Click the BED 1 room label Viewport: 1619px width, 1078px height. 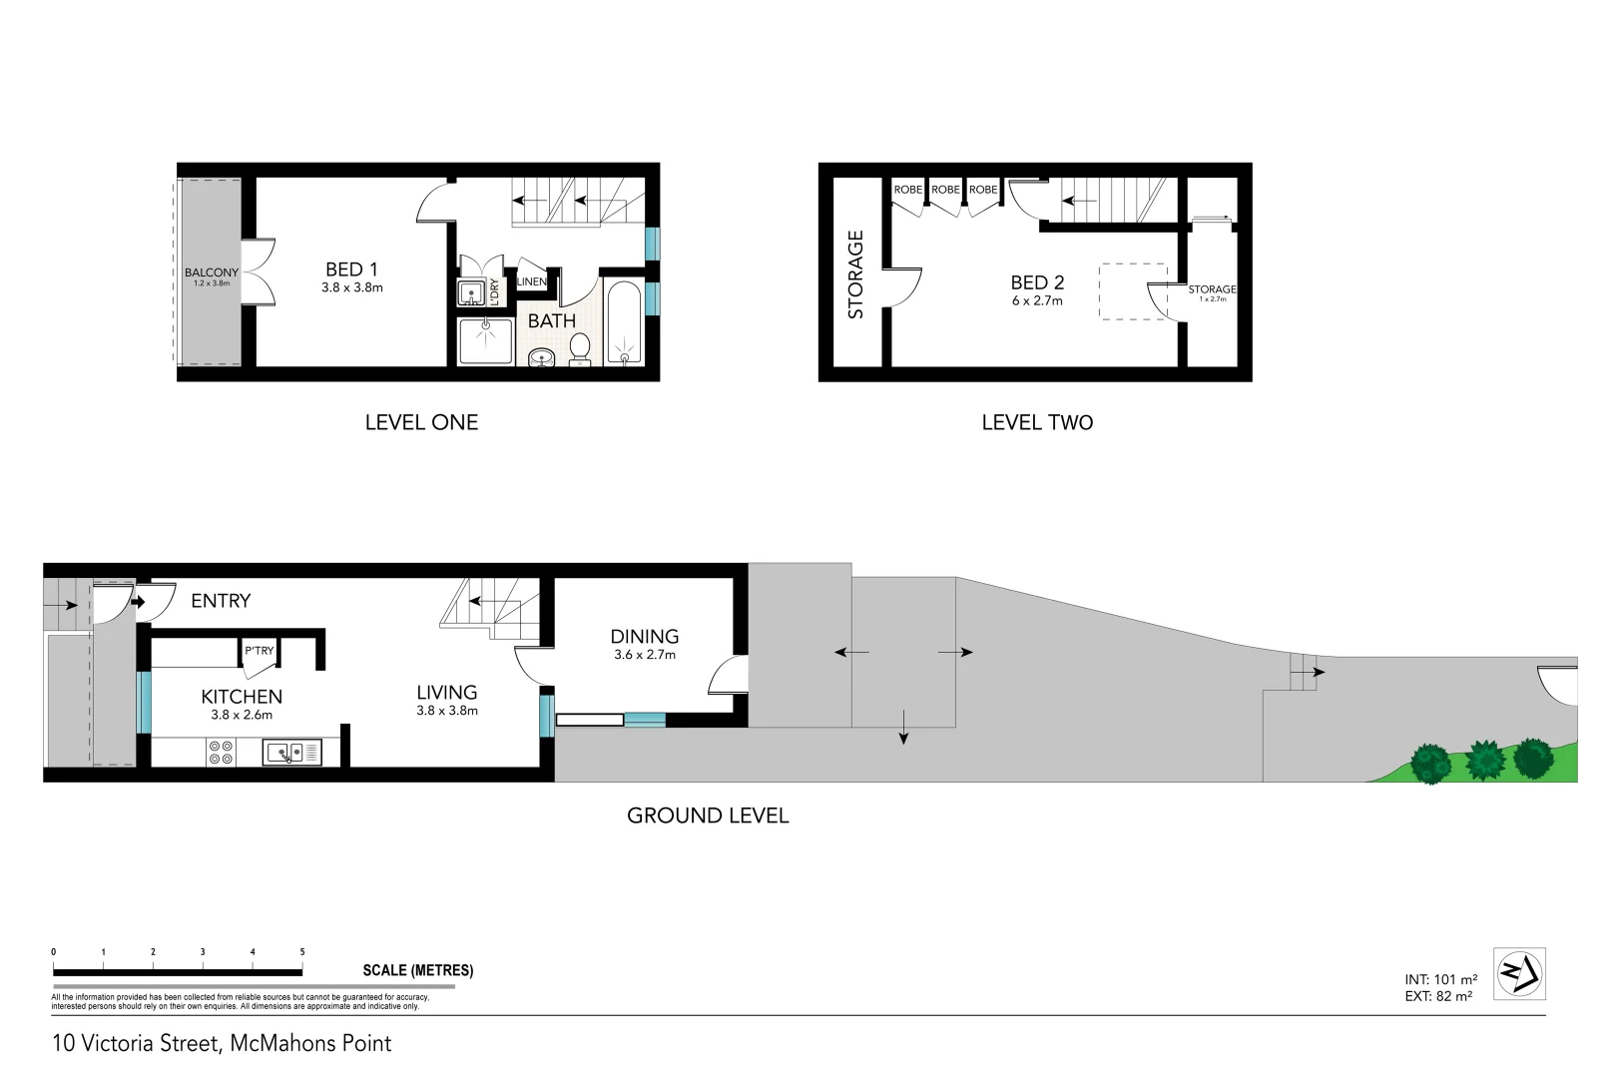click(351, 269)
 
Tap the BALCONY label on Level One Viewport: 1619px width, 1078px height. click(212, 272)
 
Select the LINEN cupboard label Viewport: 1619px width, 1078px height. click(532, 281)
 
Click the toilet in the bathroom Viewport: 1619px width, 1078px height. click(580, 349)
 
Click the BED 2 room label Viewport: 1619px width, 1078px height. click(1037, 283)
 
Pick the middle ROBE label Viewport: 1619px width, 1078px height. click(945, 190)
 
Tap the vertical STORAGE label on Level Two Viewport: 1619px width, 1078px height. click(855, 274)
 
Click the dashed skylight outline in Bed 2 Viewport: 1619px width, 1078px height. click(1133, 290)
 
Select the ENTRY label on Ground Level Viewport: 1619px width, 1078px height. click(221, 601)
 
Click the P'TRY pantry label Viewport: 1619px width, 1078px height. click(260, 651)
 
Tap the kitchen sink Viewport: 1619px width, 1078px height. click(283, 752)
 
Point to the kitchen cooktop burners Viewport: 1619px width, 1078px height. click(221, 752)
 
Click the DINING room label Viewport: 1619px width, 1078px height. click(645, 637)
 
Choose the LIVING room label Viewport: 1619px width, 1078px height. click(447, 693)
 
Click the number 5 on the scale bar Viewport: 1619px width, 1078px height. click(302, 952)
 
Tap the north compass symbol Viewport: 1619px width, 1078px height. click(1519, 973)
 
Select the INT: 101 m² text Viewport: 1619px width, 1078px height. click(1440, 980)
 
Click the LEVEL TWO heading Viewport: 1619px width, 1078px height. click(1037, 422)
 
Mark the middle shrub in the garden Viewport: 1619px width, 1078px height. click(1484, 760)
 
